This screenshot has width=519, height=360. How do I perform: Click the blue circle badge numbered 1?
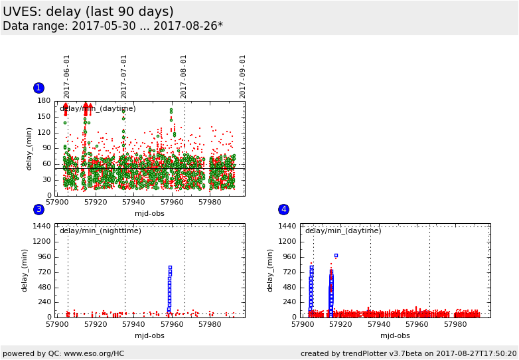point(38,88)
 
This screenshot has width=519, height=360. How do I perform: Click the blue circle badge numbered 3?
point(38,209)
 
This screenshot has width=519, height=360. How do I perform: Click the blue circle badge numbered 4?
point(283,209)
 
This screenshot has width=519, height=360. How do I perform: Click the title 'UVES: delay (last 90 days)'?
point(88,12)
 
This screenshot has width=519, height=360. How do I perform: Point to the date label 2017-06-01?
point(67,76)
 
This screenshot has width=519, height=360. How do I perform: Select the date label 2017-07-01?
point(124,76)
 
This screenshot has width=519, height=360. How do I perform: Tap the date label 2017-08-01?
point(184,76)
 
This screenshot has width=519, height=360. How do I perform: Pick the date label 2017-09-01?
point(243,76)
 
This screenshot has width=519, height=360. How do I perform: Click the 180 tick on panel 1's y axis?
point(44,101)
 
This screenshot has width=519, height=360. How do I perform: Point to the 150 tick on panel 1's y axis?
point(44,116)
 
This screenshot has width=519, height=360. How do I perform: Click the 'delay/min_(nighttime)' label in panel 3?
point(100,231)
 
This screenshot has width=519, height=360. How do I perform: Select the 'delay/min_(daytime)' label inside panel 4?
point(343,231)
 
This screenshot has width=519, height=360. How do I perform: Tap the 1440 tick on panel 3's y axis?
point(42,226)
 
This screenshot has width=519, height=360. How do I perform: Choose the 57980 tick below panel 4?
point(455,324)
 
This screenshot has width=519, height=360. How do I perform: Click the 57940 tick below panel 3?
point(133,324)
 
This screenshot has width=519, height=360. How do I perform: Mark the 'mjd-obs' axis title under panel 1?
point(149,213)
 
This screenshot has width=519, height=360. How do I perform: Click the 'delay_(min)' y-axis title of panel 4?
point(270,270)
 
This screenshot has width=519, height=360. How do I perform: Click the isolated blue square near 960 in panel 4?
point(336,255)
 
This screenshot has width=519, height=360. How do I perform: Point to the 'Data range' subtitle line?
point(113,27)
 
